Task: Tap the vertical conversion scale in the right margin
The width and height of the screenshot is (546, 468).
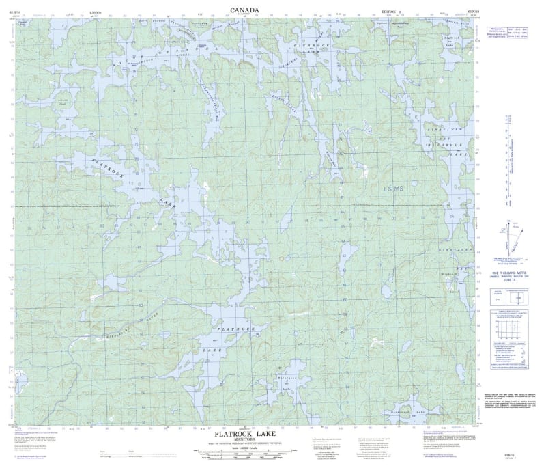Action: [506, 157]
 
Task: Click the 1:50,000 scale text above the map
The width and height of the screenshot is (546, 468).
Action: [86, 12]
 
